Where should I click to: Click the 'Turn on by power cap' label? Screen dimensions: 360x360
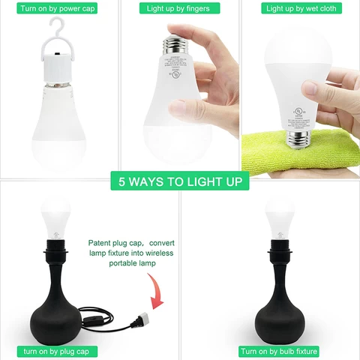[x=58, y=8]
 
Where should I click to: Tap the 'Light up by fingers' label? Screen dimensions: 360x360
[x=178, y=8]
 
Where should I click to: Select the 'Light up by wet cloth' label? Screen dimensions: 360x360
[x=300, y=8]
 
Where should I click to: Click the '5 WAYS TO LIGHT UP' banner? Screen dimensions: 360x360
[x=180, y=182]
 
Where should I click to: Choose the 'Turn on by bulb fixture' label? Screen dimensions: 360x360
[x=279, y=351]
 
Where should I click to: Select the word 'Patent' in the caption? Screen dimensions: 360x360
[x=101, y=243]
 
